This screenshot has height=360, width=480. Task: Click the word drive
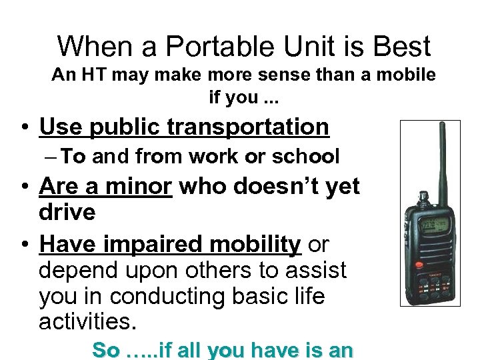coord(67,213)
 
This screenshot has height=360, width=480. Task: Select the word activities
coord(87,322)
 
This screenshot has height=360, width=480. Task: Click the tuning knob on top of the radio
coord(423,198)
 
